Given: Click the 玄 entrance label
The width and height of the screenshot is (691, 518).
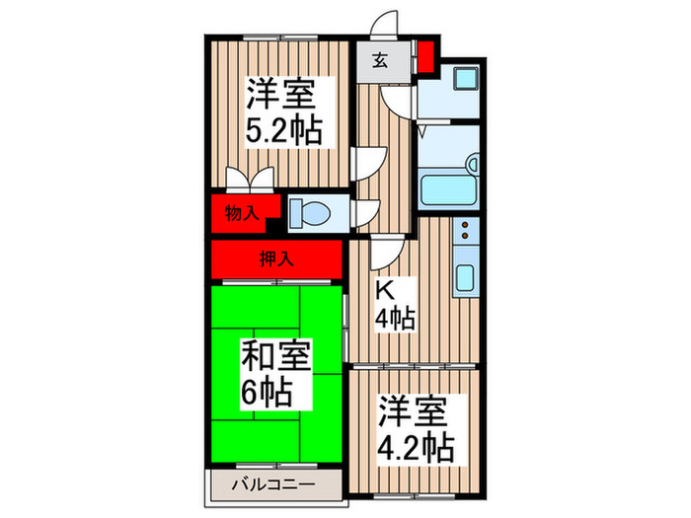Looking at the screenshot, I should coord(378,59).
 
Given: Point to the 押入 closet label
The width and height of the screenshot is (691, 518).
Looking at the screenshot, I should coord(275,260).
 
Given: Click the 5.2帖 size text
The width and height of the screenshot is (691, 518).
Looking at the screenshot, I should coord(284,130).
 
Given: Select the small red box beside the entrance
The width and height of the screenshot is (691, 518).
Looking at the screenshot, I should coord(426,57).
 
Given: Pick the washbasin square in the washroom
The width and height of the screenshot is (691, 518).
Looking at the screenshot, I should coord(460,79).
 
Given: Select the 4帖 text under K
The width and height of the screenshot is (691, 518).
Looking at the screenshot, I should coord(395,319).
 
